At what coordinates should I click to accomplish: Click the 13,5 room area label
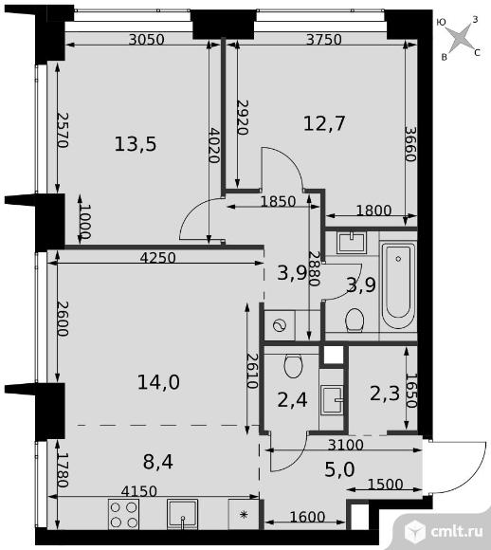[x=136, y=144]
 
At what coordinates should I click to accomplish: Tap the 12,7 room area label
[x=324, y=123]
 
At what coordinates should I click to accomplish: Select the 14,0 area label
[x=158, y=382]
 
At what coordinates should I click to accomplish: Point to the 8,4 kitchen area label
[x=158, y=462]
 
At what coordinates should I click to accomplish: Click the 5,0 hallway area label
[x=339, y=469]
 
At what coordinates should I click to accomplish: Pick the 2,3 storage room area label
[x=385, y=394]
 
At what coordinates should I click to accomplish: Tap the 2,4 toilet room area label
[x=293, y=400]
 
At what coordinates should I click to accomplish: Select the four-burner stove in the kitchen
[x=123, y=515]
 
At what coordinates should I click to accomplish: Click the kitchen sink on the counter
[x=182, y=515]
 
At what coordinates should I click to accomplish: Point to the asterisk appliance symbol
[x=244, y=515]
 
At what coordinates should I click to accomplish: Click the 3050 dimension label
[x=147, y=39]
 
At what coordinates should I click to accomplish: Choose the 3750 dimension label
[x=324, y=39]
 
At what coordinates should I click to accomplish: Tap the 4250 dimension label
[x=157, y=258]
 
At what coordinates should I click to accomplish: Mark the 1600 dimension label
[x=307, y=517]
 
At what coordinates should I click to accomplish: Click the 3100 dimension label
[x=345, y=445]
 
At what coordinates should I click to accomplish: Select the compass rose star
[x=460, y=38]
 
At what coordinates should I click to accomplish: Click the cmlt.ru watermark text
[x=457, y=532]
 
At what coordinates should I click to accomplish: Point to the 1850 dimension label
[x=279, y=201]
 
